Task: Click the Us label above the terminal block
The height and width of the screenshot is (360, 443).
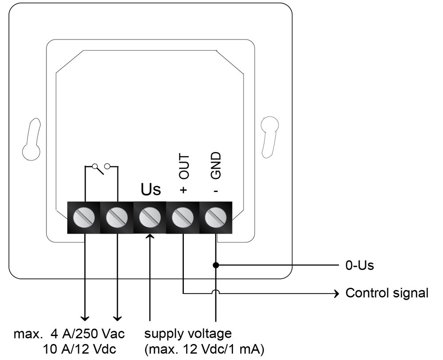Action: pyautogui.click(x=151, y=189)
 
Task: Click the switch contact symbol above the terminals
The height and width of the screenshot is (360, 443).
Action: pyautogui.click(x=101, y=168)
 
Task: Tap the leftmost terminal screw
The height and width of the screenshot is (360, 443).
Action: pyautogui.click(x=84, y=217)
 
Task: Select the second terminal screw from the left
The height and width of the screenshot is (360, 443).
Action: pyautogui.click(x=117, y=217)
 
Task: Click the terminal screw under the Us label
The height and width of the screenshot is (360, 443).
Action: pyautogui.click(x=150, y=217)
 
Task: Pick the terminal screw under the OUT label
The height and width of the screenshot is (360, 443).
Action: pyautogui.click(x=183, y=217)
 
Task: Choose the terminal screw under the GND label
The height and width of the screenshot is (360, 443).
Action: pyautogui.click(x=216, y=217)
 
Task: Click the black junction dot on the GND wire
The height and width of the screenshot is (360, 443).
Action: pyautogui.click(x=216, y=265)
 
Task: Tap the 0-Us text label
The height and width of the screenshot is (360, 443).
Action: pyautogui.click(x=360, y=266)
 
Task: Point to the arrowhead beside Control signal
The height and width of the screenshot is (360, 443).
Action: pyautogui.click(x=337, y=293)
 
